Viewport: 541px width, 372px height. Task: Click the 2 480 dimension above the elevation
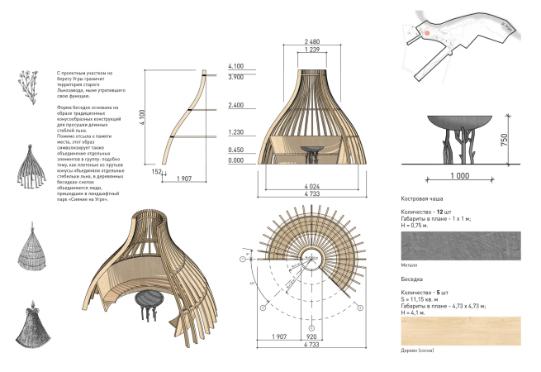(x=312, y=41)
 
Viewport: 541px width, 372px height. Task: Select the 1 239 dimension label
(x=312, y=51)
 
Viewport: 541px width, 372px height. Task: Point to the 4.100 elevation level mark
(x=236, y=66)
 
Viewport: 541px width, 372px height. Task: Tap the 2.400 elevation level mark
(x=236, y=106)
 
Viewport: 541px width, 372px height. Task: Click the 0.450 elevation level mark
(x=236, y=150)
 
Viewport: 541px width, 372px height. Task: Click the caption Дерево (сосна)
(x=416, y=351)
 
